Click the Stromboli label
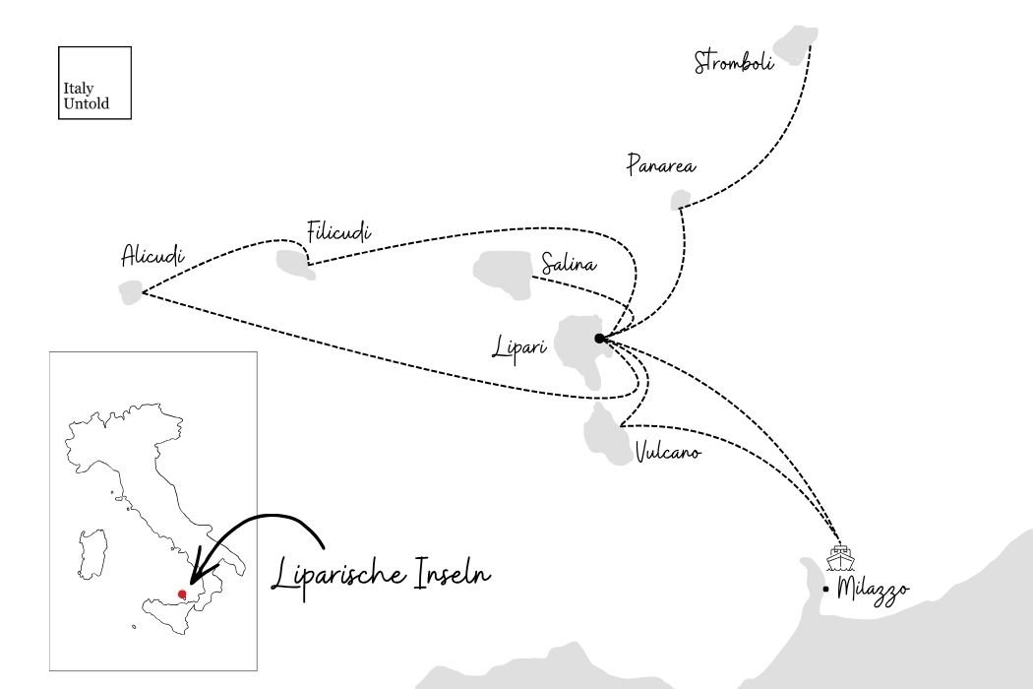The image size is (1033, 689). pyautogui.click(x=734, y=61)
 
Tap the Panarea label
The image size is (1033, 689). pyautogui.click(x=661, y=164)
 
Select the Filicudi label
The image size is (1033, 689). pyautogui.click(x=338, y=231)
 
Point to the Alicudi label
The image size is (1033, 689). pyautogui.click(x=152, y=255)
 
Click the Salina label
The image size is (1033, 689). pyautogui.click(x=569, y=264)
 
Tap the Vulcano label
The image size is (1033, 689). pyautogui.click(x=668, y=453)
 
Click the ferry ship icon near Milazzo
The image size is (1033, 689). pyautogui.click(x=840, y=558)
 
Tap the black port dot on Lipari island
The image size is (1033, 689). pyautogui.click(x=599, y=339)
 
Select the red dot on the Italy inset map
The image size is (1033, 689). pyautogui.click(x=182, y=595)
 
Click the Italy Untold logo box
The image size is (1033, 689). pyautogui.click(x=94, y=83)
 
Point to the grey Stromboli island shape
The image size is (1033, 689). pyautogui.click(x=795, y=42)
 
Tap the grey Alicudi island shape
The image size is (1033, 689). pyautogui.click(x=131, y=292)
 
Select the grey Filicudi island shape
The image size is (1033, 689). pyautogui.click(x=294, y=264)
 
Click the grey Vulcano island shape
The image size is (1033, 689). pyautogui.click(x=607, y=436)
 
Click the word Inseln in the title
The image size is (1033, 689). pyautogui.click(x=453, y=572)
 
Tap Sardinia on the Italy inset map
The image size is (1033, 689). pyautogui.click(x=92, y=552)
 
